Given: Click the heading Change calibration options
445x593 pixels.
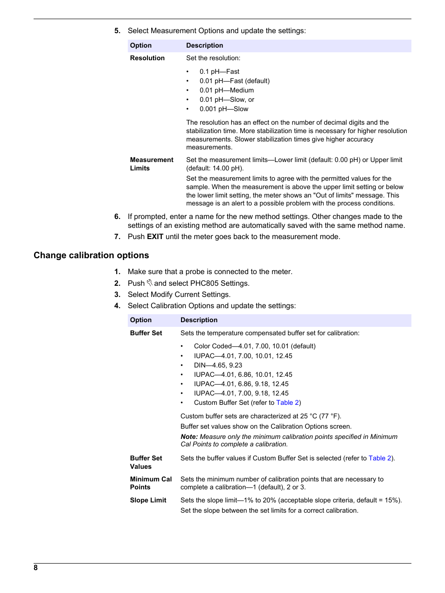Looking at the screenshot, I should click(x=91, y=255).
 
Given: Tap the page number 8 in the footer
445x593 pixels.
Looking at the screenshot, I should click(x=35, y=567).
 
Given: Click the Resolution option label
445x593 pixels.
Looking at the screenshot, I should click(x=147, y=58).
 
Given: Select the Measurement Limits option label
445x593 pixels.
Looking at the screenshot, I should click(x=151, y=164).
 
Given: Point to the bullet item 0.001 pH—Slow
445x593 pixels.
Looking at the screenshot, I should click(x=223, y=109).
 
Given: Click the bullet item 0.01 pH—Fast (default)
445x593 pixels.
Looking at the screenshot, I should click(x=234, y=81).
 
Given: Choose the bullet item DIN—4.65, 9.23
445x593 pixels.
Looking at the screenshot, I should click(x=218, y=365).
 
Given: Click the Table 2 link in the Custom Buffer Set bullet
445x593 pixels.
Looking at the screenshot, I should click(x=287, y=402).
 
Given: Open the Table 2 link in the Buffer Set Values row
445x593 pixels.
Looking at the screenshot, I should click(x=380, y=458).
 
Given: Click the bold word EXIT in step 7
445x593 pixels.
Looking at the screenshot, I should click(x=155, y=237).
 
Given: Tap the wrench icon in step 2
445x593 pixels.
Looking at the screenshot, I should click(x=149, y=283).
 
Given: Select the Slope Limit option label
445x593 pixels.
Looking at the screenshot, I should click(x=148, y=500).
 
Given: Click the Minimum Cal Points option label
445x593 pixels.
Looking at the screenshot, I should click(x=151, y=483).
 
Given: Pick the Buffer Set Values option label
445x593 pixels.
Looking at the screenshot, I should click(x=146, y=462).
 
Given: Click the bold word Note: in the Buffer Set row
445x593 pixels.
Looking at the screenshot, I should click(x=189, y=437).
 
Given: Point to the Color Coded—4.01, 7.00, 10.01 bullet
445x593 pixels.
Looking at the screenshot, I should click(x=254, y=346).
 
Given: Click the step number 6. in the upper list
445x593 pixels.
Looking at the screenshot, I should click(x=117, y=217).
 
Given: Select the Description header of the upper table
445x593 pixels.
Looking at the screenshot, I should click(x=204, y=45).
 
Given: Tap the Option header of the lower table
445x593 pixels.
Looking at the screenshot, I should click(x=140, y=320).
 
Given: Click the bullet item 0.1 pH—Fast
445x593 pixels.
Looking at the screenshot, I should click(x=219, y=71).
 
